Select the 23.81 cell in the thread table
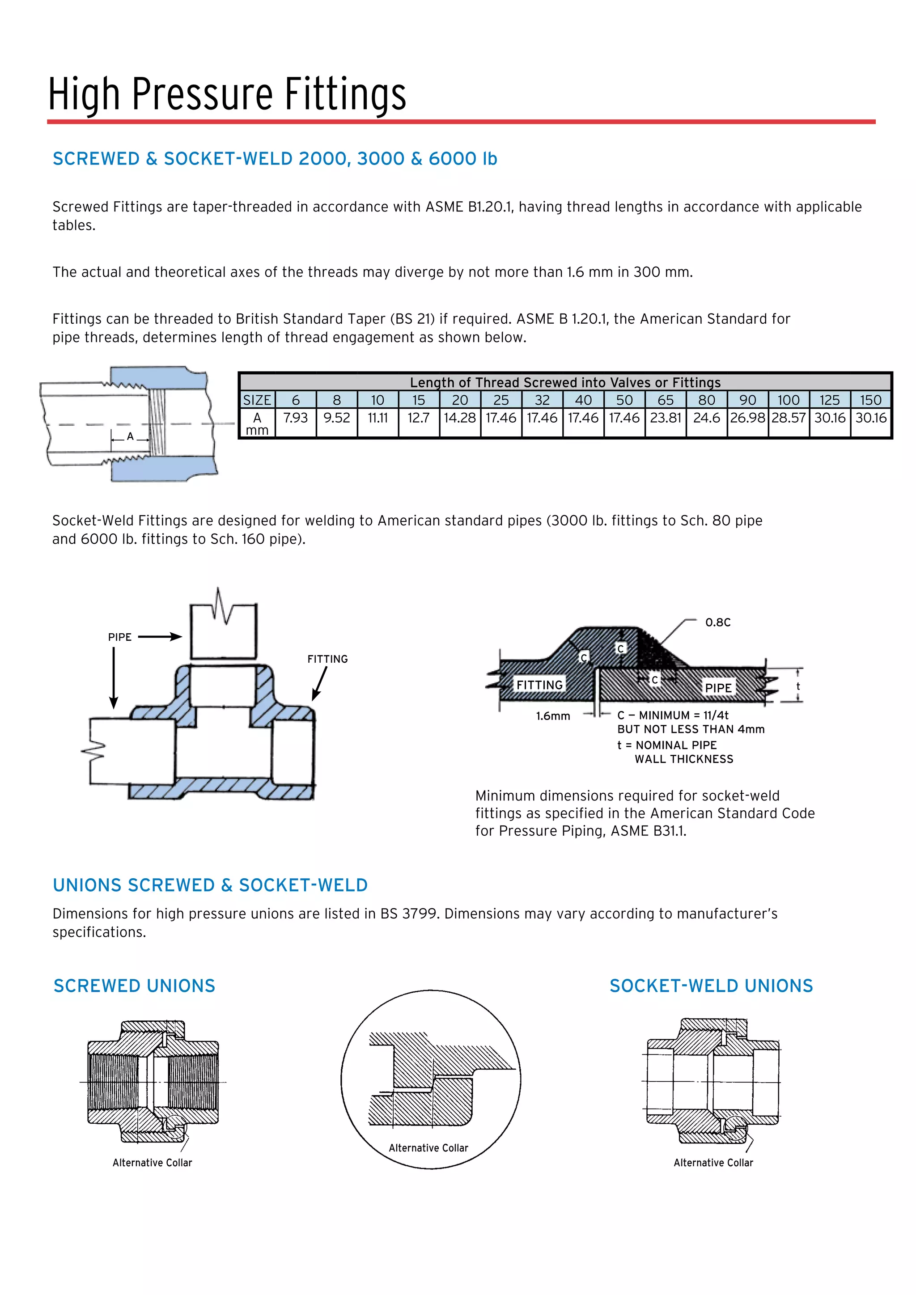click(665, 418)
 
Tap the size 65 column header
click(665, 400)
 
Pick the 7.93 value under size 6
click(295, 418)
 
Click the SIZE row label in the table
click(257, 400)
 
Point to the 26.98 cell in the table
click(747, 418)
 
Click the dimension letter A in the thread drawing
click(130, 436)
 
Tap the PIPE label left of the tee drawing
click(119, 637)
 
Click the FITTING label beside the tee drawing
click(327, 659)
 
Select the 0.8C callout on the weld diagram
click(717, 622)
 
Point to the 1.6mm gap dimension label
click(553, 716)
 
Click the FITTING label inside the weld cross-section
click(539, 685)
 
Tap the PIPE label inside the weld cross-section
click(718, 688)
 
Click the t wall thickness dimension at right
click(797, 686)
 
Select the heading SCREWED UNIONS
click(134, 986)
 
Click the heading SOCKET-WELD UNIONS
click(711, 986)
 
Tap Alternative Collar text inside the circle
click(428, 1148)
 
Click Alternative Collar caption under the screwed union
click(152, 1163)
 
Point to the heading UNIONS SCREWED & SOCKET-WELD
click(210, 885)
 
